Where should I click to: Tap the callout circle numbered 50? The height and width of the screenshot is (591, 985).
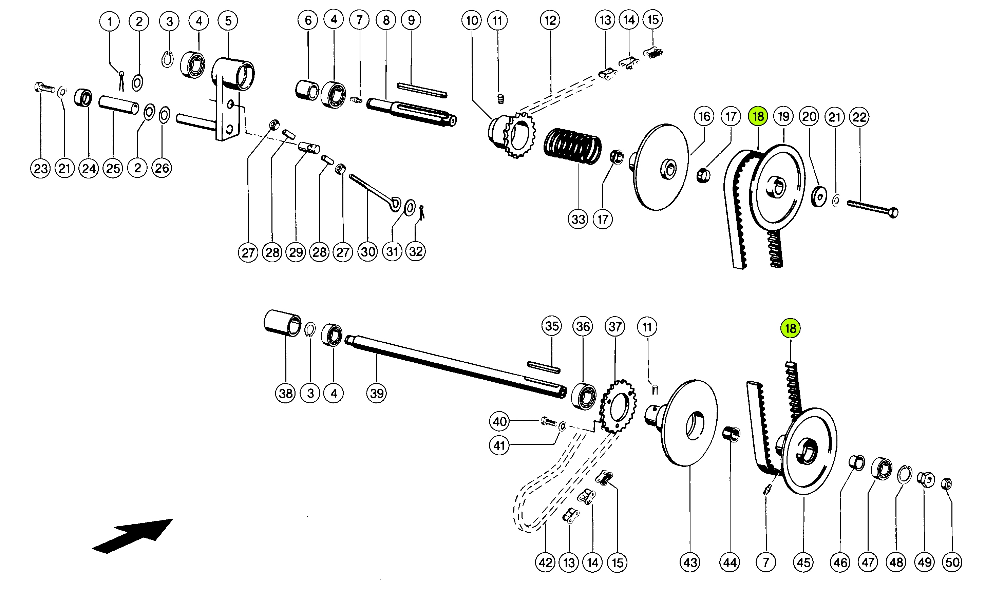click(x=952, y=562)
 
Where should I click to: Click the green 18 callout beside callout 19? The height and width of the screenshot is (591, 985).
click(x=758, y=116)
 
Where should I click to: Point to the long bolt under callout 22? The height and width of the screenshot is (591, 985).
click(x=872, y=209)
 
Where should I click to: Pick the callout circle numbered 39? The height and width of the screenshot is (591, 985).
click(x=377, y=394)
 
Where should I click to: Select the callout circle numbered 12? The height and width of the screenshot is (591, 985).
click(x=550, y=20)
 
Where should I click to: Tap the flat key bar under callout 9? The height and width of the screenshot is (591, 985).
click(x=422, y=90)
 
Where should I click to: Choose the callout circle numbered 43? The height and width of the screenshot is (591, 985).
click(x=690, y=562)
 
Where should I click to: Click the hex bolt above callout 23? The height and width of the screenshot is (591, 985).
click(x=44, y=87)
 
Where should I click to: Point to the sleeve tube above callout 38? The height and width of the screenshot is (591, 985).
click(x=282, y=323)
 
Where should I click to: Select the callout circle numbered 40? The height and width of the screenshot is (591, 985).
click(x=499, y=421)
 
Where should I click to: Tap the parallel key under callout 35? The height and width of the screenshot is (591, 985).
click(x=544, y=367)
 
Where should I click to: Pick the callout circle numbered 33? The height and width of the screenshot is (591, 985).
click(x=578, y=219)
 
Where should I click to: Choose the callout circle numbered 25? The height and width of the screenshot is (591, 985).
click(x=113, y=169)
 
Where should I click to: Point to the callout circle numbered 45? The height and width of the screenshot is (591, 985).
click(x=804, y=562)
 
